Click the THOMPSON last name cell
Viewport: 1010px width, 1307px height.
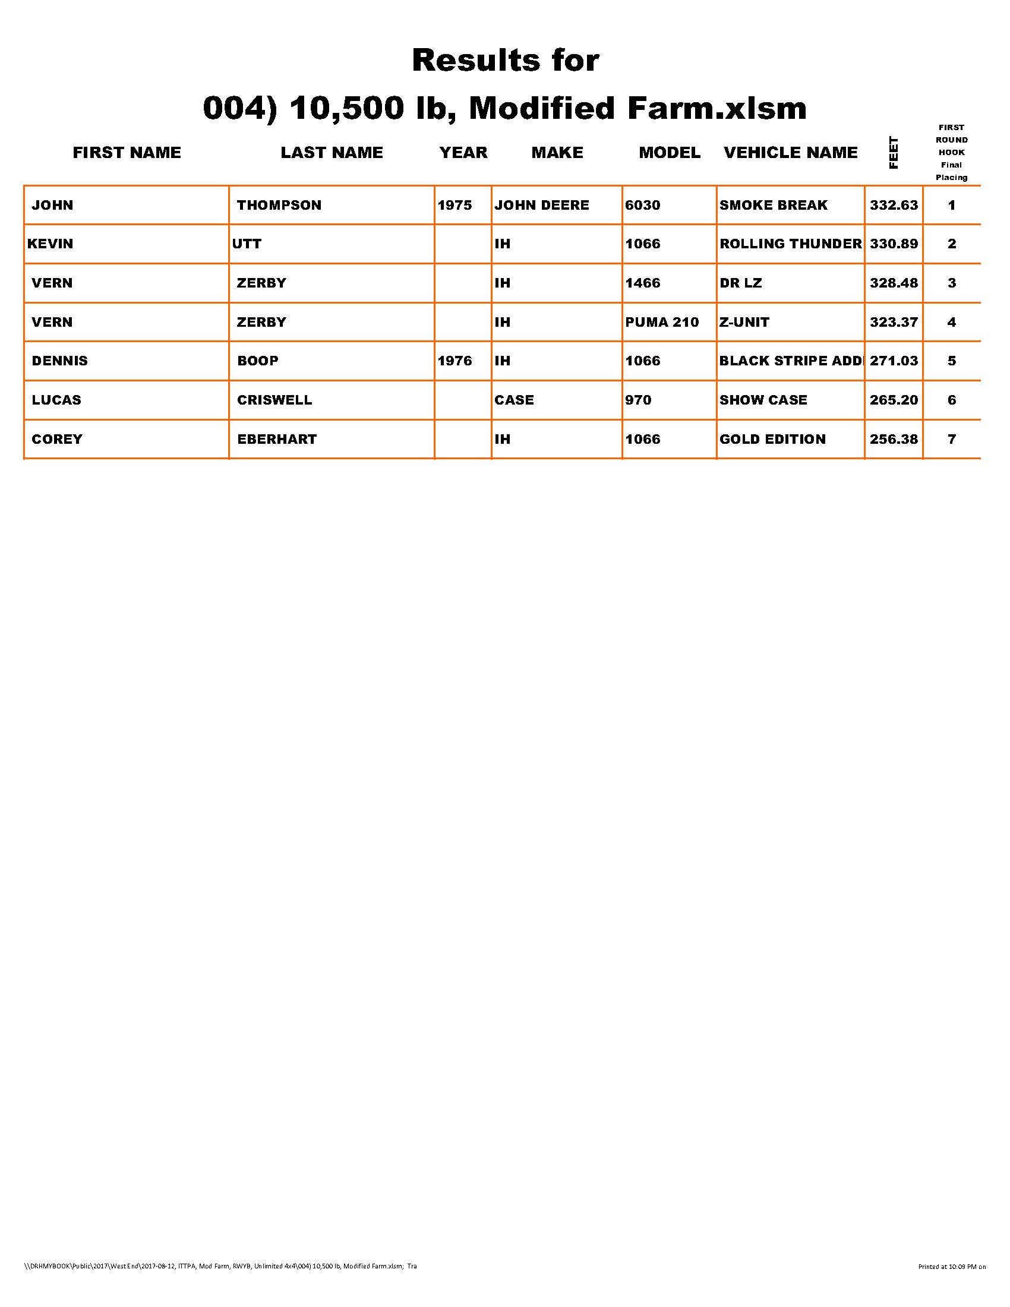coord(279,206)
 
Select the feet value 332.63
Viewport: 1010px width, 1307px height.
coord(894,206)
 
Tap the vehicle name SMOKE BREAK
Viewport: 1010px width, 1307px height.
coord(773,206)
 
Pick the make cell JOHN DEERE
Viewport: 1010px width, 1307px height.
coord(541,206)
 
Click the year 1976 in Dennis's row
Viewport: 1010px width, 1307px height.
coord(454,361)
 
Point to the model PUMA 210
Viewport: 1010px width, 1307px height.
coord(662,322)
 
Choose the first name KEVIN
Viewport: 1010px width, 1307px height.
coord(50,244)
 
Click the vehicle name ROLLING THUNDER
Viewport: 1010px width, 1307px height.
coord(790,244)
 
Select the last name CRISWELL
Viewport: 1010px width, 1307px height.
coord(274,400)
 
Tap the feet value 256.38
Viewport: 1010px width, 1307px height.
coord(894,439)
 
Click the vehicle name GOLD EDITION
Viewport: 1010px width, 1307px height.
coord(772,439)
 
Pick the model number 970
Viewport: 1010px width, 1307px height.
coord(638,400)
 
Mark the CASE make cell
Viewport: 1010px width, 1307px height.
coord(514,400)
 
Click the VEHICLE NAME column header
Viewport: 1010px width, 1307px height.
coord(790,153)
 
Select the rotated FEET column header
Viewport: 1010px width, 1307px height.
coord(894,153)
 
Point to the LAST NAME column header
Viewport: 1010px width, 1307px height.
coord(332,153)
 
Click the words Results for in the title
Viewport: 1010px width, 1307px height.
coord(506,61)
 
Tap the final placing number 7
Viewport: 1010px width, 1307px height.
coord(951,439)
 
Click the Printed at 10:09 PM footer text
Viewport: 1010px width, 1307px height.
coord(951,1267)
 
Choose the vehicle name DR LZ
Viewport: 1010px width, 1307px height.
coord(741,283)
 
